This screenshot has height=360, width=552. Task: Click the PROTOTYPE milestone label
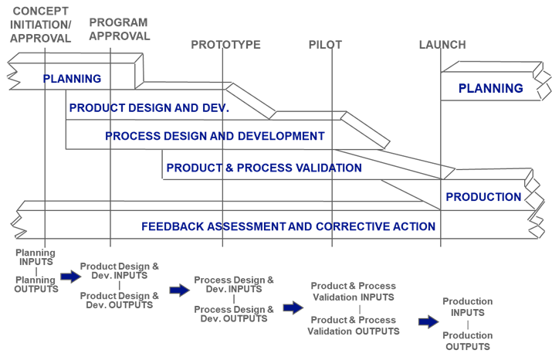click(225, 45)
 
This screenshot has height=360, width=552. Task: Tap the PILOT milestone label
click(325, 45)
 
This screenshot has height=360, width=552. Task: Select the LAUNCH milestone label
click(442, 45)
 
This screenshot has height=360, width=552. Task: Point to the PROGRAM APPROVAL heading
click(119, 29)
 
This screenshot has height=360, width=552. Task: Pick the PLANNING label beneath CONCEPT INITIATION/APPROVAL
click(72, 79)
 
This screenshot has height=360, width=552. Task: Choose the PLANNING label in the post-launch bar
click(490, 89)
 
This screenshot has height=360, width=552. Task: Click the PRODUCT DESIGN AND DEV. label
click(149, 109)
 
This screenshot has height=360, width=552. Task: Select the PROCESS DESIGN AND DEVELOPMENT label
click(215, 136)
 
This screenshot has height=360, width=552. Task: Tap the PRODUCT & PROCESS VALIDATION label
click(264, 168)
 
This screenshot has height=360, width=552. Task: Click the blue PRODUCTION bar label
click(483, 197)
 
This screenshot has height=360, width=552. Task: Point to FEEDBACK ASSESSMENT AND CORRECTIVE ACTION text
click(289, 227)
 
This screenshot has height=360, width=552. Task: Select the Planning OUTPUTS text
click(36, 285)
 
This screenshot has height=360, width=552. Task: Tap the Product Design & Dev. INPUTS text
click(120, 271)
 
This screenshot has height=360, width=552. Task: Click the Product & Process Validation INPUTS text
click(353, 291)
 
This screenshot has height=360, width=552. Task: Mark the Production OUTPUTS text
click(467, 341)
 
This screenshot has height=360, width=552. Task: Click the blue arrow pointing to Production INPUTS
click(428, 321)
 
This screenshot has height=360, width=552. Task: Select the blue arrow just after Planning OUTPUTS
click(70, 277)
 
